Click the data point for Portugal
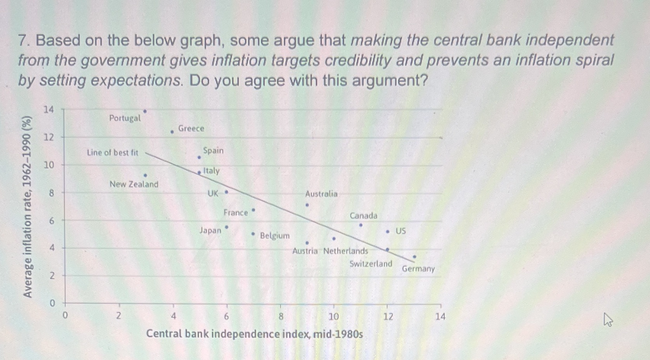pos(145,111)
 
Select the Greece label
pos(191,129)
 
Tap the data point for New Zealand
pos(145,176)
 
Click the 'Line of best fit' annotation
pos(112,153)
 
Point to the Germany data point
pos(414,257)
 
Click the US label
pos(400,231)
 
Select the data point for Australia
pos(307,205)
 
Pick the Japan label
pos(210,230)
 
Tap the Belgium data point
pos(253,234)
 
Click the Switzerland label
pos(370,264)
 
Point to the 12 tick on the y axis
pos(49,137)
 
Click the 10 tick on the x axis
pos(334,317)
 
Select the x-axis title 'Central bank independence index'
pos(254,334)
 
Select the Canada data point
pos(361,225)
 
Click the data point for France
pos(253,210)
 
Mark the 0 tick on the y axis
pos(52,303)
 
